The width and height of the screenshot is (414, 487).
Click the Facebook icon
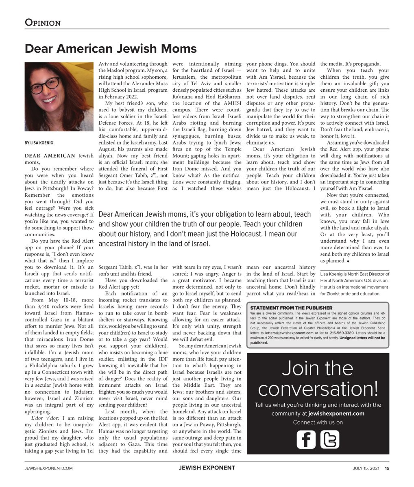pos(306,439)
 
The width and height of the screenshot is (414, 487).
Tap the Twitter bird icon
pos(329,439)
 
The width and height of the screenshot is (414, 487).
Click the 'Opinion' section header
pos(43,22)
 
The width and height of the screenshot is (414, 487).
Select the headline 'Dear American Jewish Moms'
pos(111,49)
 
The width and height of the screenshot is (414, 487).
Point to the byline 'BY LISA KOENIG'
pos(39,143)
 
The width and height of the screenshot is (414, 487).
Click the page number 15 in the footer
pos(387,468)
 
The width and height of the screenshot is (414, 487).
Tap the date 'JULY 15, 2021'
pos(366,468)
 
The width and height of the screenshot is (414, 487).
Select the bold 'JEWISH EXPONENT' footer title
pos(207,468)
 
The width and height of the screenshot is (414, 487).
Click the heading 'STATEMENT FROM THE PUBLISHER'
pos(291,308)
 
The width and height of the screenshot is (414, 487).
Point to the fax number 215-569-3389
pos(344,333)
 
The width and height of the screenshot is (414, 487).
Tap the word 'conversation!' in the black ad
pos(318,388)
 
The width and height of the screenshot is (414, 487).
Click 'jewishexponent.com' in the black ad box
pos(336,414)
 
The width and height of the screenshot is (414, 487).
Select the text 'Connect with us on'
pos(318,422)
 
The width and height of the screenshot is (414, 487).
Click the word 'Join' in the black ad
pos(298,368)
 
